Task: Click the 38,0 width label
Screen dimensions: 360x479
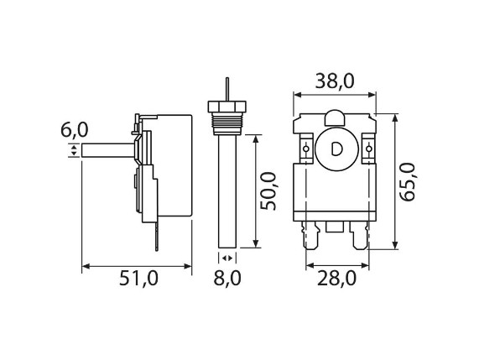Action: point(333,81)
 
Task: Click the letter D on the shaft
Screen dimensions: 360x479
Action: point(337,149)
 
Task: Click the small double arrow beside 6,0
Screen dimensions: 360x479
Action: point(74,151)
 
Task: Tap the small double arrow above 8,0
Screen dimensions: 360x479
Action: point(225,258)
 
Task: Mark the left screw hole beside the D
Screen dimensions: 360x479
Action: point(305,149)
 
